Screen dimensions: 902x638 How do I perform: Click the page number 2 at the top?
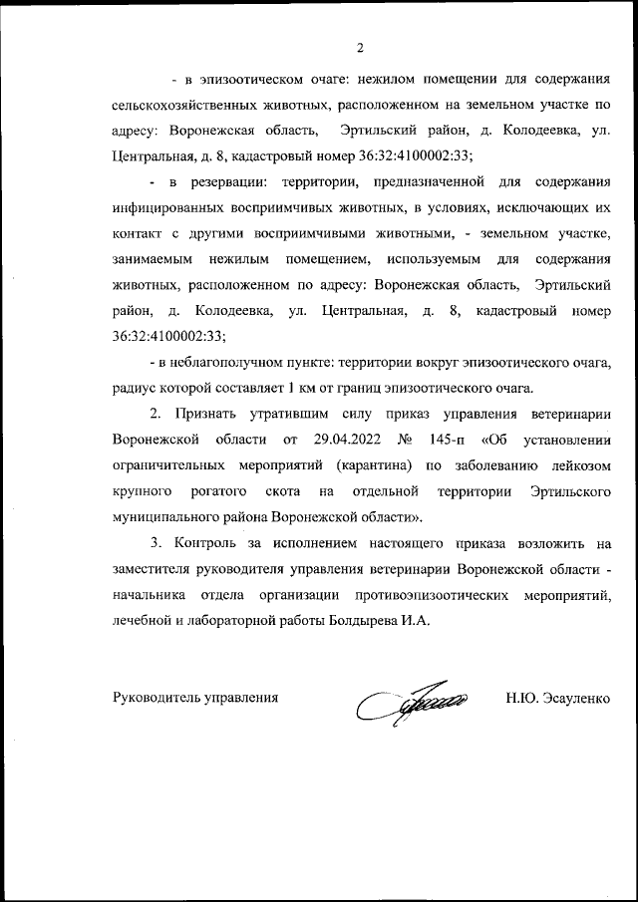[x=361, y=46]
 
